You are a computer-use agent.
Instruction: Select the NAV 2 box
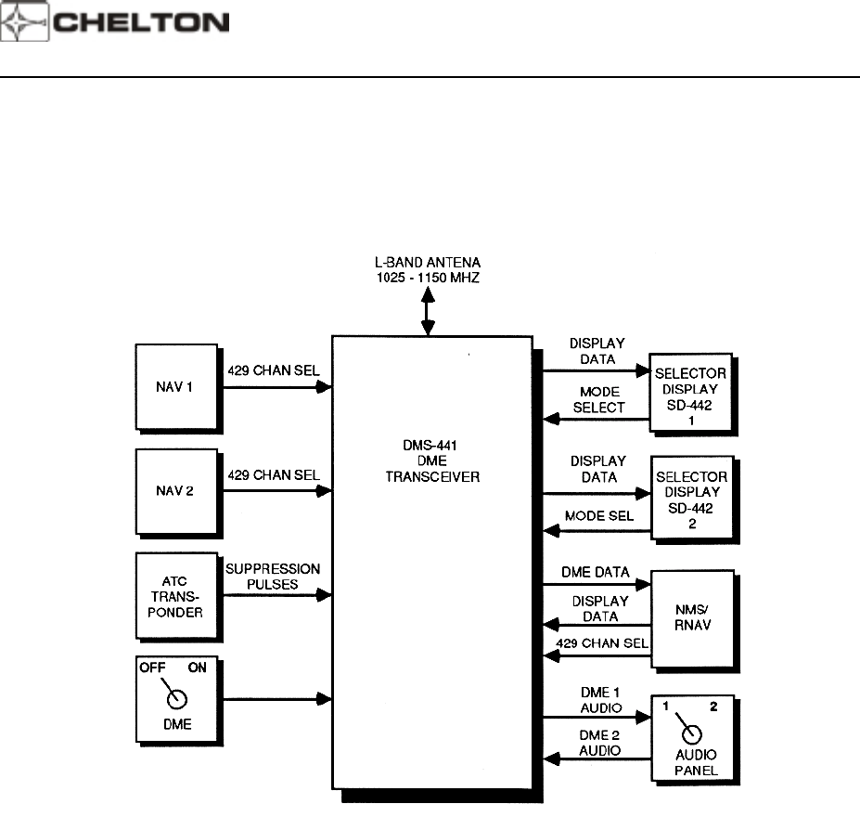click(175, 489)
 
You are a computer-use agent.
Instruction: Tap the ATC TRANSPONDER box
click(175, 594)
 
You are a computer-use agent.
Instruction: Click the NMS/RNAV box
click(691, 614)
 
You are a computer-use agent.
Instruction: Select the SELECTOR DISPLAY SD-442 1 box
click(691, 393)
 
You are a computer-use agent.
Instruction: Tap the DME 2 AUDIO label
click(597, 743)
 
